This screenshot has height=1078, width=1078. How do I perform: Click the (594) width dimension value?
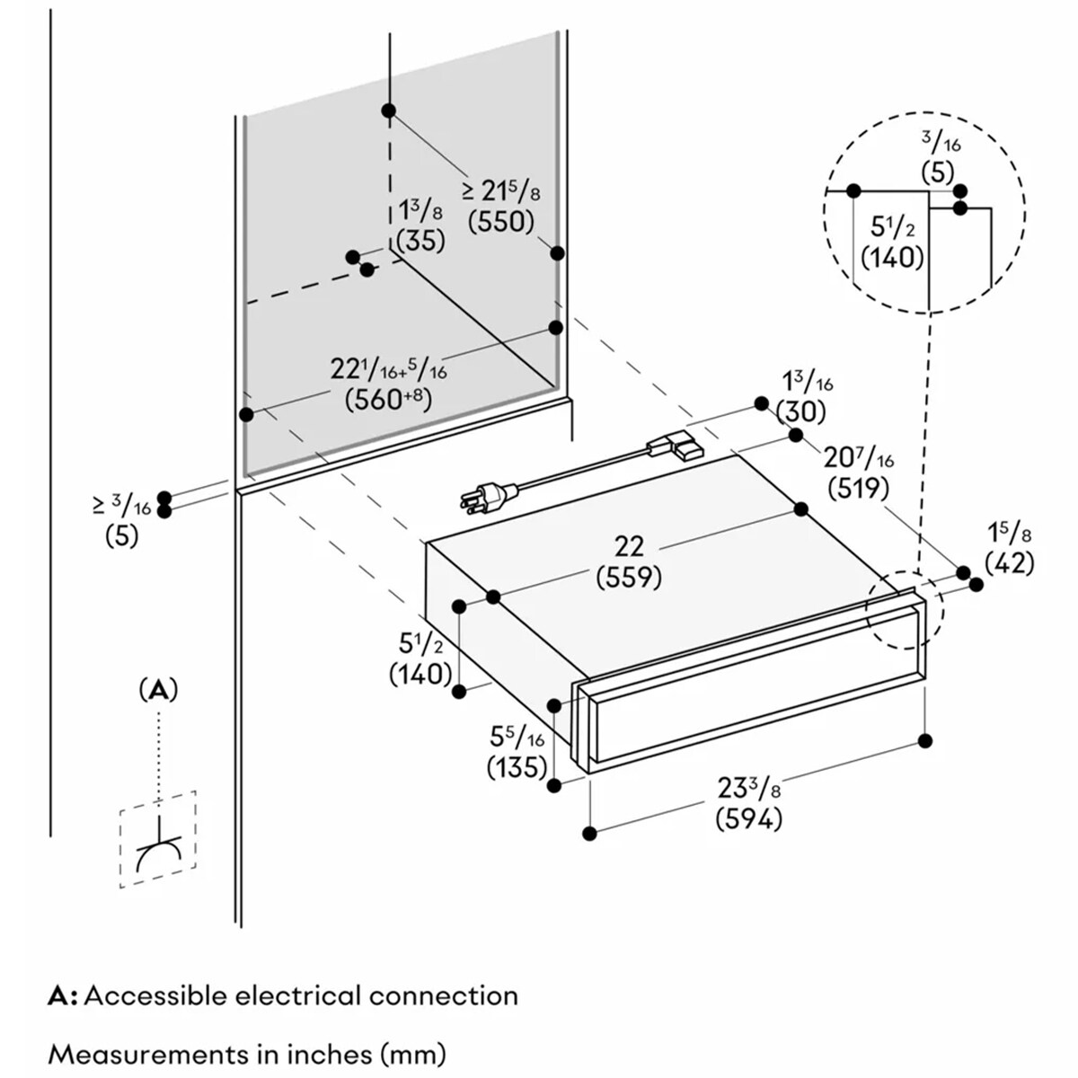click(748, 819)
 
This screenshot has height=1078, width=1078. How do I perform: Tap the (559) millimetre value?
click(629, 578)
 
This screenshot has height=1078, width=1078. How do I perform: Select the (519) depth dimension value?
click(858, 489)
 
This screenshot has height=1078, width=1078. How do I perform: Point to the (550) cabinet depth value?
click(501, 222)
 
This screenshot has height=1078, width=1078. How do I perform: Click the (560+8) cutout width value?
click(388, 400)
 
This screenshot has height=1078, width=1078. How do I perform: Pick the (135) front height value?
click(517, 767)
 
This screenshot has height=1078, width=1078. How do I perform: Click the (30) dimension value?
click(801, 412)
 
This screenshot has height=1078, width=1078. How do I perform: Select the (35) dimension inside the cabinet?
click(420, 241)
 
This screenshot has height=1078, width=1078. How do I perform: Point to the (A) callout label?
click(158, 690)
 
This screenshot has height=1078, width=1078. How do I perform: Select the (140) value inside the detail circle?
click(892, 258)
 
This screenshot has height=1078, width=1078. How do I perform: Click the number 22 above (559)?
click(629, 546)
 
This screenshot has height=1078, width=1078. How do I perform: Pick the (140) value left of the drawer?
click(420, 674)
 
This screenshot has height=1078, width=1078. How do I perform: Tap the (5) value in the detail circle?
click(937, 172)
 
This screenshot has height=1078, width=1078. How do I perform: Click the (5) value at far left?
click(121, 536)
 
